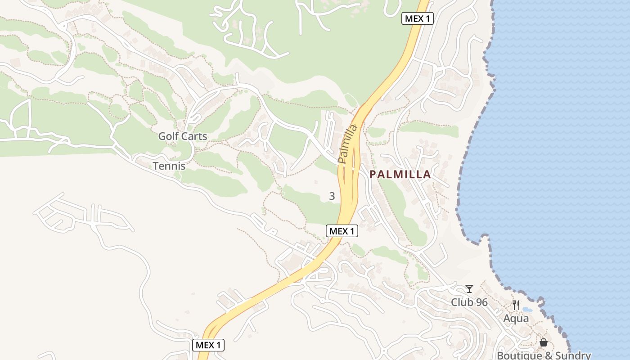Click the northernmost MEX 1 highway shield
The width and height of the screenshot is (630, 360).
417,19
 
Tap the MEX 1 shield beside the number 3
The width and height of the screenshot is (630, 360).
342,231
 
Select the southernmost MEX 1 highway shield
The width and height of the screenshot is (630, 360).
208,345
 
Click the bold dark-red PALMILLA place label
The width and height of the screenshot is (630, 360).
400,175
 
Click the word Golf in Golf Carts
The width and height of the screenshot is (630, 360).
168,136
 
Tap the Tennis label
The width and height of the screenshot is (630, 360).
169,166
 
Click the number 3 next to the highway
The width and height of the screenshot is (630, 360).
332,196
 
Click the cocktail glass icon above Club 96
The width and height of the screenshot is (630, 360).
469,289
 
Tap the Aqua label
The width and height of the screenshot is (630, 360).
516,319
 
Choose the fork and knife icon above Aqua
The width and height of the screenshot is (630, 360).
516,306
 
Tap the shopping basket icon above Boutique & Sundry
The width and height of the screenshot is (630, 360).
544,343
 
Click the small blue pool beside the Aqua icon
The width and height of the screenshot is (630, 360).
527,310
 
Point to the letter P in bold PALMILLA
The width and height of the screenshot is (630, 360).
373,175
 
